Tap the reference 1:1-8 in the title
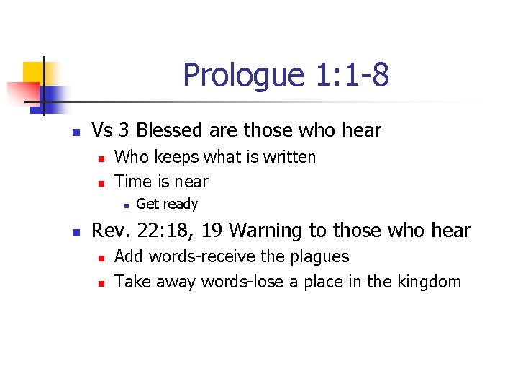[352, 75]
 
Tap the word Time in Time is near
[132, 182]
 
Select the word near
[191, 182]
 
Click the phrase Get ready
[166, 205]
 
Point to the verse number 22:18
[163, 231]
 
